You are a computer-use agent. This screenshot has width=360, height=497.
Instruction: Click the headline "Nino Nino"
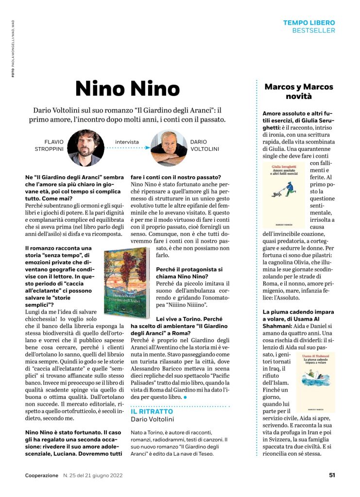128,88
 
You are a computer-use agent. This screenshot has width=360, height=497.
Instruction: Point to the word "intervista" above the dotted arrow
127,142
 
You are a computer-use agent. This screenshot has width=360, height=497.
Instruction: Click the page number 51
331,475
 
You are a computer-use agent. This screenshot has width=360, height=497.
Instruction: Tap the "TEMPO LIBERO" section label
309,23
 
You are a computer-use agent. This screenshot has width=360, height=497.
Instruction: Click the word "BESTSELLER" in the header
313,30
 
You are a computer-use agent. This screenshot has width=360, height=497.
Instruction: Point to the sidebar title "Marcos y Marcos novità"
298,91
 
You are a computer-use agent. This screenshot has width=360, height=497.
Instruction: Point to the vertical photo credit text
13,48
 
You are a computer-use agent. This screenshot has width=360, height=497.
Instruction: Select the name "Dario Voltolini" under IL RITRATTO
152,419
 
